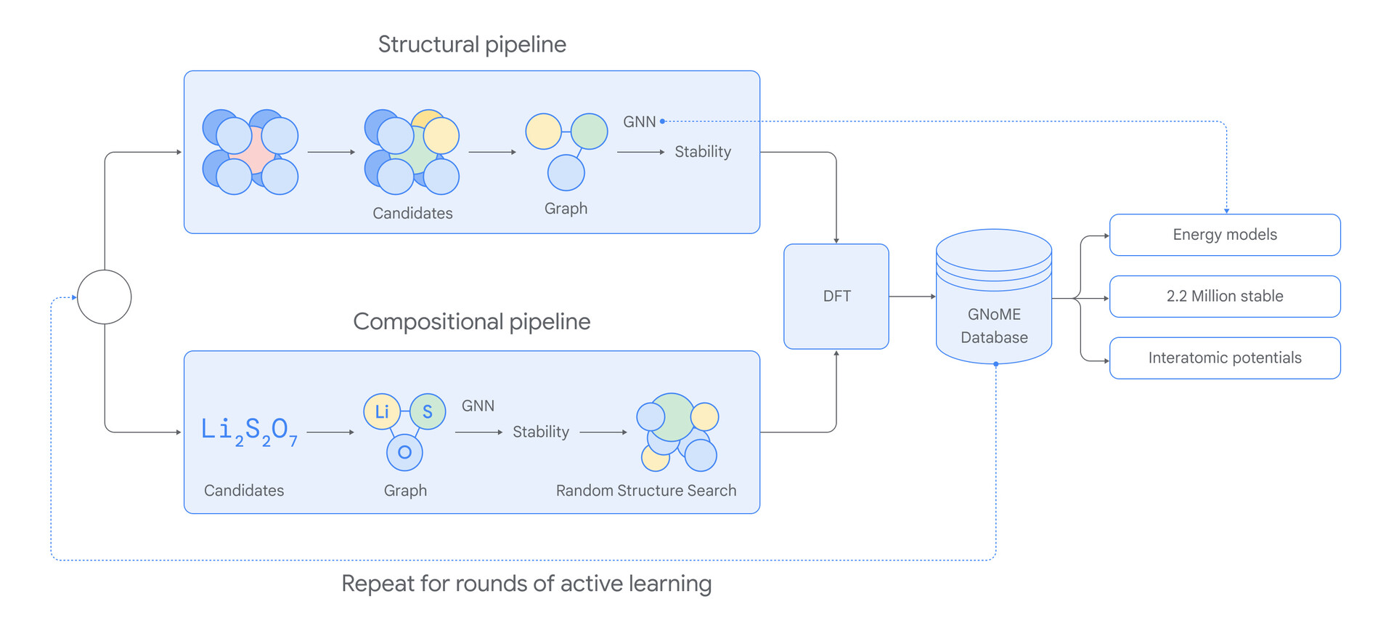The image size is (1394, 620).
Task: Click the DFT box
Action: [836, 297]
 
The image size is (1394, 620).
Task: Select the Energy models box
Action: [1225, 235]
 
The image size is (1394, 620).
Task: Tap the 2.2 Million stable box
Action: [1225, 297]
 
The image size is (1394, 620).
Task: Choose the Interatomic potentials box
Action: [1225, 358]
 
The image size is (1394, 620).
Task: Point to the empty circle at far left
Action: [105, 297]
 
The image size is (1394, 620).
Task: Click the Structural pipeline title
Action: [472, 44]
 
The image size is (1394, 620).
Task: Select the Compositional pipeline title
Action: [472, 322]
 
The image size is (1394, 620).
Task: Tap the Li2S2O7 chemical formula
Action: [249, 430]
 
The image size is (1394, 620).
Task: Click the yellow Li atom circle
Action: [382, 412]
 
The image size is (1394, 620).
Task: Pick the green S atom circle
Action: [428, 412]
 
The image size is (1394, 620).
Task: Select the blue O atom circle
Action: [404, 452]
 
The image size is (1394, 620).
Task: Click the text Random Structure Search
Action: [646, 491]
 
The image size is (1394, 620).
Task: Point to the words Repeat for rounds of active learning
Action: [526, 584]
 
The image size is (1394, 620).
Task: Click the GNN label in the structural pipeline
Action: [639, 122]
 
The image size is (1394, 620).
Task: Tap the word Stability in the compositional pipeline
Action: [541, 432]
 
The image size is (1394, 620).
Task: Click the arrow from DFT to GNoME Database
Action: [913, 297]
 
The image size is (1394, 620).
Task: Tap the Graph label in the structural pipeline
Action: [566, 209]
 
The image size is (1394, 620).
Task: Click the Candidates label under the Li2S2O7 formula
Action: [244, 491]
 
